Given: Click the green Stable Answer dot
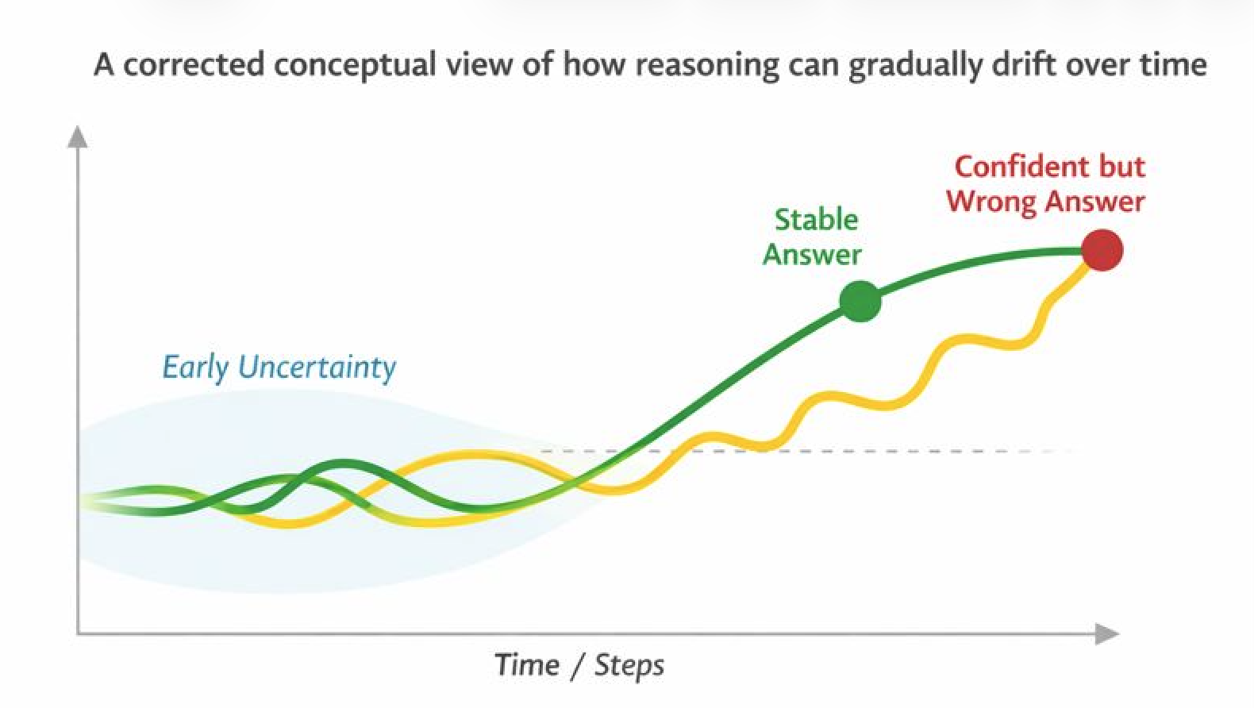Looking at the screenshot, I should click(860, 302).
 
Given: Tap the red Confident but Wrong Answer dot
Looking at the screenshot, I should click(1102, 250).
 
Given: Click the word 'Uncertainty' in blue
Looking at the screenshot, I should click(317, 367).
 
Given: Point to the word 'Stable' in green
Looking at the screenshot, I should click(816, 220).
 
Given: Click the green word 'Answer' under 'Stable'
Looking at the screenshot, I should click(812, 255).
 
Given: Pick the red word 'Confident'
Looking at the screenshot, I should click(1020, 167).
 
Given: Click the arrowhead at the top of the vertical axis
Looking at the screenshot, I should click(77, 137).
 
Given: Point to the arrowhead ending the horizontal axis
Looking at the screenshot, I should click(1107, 633).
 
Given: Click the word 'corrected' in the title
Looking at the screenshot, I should click(194, 63).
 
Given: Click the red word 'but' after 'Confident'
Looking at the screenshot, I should click(1122, 167).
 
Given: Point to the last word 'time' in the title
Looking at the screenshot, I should click(1176, 63).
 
